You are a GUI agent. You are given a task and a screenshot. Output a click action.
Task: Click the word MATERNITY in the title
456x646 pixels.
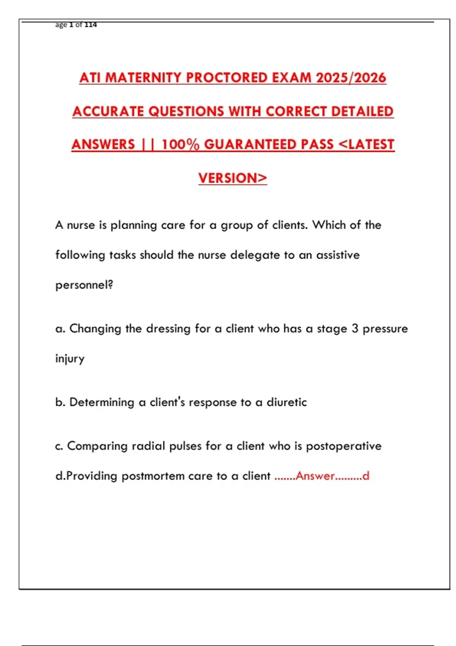(x=143, y=78)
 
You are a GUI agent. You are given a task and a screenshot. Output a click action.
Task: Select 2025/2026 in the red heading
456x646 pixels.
(x=351, y=78)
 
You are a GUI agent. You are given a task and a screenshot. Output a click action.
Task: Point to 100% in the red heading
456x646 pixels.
(x=180, y=145)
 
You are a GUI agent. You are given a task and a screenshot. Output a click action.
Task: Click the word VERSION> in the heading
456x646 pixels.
(x=233, y=178)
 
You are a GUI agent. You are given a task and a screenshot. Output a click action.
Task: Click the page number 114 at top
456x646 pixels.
(x=90, y=25)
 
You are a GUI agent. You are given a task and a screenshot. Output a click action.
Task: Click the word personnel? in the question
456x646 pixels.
(x=84, y=285)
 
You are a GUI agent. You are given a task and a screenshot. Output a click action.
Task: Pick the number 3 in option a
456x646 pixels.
(x=355, y=329)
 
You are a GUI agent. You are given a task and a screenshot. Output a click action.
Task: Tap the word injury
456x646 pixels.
(x=70, y=359)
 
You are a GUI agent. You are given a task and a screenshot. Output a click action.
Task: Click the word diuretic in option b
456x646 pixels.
(x=287, y=402)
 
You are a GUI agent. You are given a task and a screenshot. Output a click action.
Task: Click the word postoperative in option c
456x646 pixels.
(x=344, y=446)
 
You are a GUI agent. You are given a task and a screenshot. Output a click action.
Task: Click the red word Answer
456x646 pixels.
(x=315, y=476)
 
